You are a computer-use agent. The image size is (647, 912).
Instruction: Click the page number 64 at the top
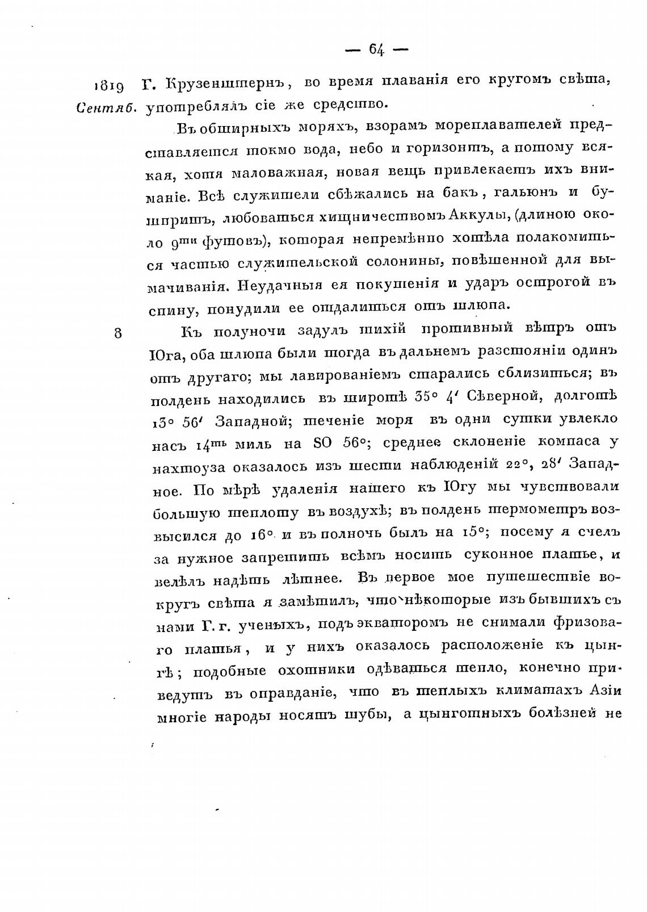(x=376, y=50)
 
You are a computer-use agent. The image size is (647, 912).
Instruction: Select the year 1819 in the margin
(x=108, y=86)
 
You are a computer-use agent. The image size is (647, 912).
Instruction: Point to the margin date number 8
(x=117, y=333)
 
